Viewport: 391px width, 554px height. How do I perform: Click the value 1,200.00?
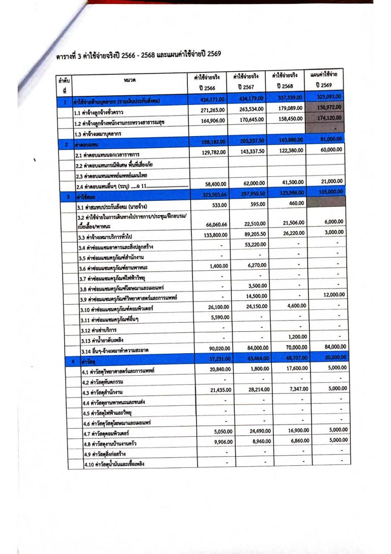[296, 337]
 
